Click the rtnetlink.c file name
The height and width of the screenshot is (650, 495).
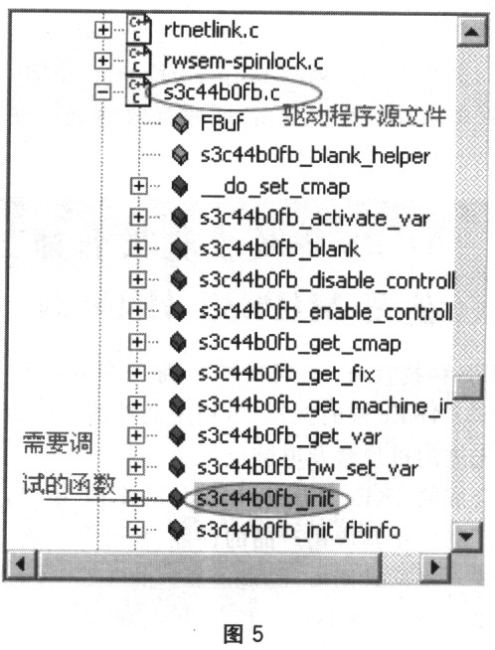point(211,30)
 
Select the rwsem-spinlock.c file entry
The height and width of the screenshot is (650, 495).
point(244,62)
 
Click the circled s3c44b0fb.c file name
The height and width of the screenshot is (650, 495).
point(222,92)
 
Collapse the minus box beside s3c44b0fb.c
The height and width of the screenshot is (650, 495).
point(102,92)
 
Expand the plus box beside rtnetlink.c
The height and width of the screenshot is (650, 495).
point(102,30)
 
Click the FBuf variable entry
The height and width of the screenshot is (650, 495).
point(222,123)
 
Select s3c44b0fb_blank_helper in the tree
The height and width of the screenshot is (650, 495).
point(315,156)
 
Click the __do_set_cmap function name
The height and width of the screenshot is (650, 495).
point(275,188)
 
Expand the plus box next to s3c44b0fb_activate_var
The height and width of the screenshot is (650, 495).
point(138,217)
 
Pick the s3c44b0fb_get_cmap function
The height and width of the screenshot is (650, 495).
point(300,344)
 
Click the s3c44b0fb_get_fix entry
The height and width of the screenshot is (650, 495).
point(286,375)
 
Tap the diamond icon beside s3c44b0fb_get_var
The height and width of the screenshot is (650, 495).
point(178,436)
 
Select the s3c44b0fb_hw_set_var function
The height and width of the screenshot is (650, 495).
point(307,468)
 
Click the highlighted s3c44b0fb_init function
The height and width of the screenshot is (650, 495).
point(265,499)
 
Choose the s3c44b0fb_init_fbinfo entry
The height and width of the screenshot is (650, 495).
point(298,530)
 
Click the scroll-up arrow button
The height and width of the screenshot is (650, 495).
point(471,32)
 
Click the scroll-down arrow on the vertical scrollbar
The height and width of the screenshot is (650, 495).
point(467,537)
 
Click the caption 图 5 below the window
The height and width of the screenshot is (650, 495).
point(244,633)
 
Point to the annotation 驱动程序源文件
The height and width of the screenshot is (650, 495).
point(365,116)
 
